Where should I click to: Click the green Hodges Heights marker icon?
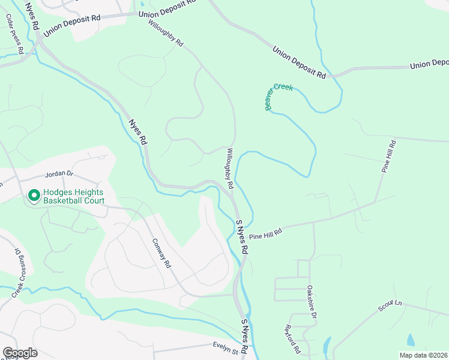(34, 196)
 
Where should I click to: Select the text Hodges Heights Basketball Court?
(73, 197)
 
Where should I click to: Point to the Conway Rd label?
(161, 252)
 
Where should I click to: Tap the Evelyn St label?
(226, 345)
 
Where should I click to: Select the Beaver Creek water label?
(279, 97)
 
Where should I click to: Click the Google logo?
(20, 353)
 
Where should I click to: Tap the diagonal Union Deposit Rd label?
(299, 63)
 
